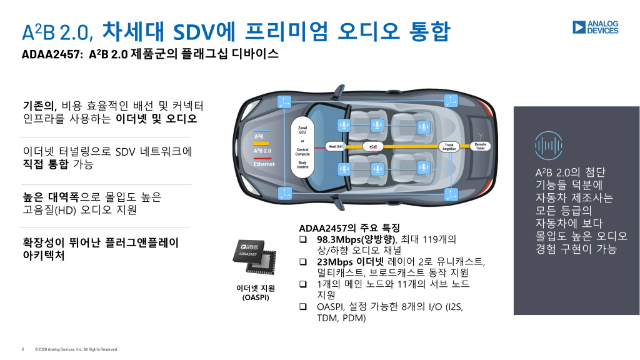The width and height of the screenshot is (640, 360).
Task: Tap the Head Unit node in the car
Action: point(336,146)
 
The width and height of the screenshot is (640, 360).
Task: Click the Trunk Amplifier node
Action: point(449,146)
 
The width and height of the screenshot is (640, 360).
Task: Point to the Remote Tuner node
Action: point(480,146)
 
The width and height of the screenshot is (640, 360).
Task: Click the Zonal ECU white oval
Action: point(302,147)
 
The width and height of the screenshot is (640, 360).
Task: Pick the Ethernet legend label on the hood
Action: point(264,164)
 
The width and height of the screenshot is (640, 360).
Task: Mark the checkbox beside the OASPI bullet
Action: point(303,307)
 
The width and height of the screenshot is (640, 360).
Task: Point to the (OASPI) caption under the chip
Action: point(256,297)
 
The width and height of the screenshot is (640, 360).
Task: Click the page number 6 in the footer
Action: point(22,349)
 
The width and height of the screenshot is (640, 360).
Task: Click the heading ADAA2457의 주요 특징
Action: point(349,227)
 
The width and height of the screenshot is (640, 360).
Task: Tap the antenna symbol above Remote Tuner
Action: point(481,135)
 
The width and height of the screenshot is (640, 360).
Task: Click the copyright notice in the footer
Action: point(76,349)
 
